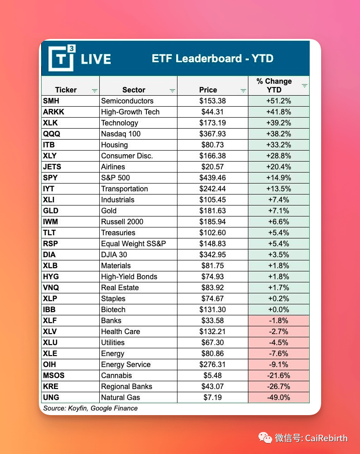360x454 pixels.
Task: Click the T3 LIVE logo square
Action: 61,58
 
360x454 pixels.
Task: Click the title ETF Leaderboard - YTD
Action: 212,59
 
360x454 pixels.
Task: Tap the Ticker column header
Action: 66,90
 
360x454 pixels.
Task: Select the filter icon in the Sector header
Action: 172,91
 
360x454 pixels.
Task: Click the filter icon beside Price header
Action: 243,91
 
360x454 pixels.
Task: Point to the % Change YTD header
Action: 274,86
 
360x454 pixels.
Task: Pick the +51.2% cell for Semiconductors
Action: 279,101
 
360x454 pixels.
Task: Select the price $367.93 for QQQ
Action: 212,134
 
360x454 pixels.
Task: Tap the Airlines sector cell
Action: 113,167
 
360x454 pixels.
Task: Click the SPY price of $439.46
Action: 212,178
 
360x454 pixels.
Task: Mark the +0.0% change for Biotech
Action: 279,309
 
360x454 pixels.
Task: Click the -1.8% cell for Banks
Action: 279,320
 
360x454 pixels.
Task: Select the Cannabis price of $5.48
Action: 212,375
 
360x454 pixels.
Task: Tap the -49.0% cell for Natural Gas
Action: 279,397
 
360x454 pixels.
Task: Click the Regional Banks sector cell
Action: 127,386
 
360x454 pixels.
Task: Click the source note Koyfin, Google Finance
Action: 91,408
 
